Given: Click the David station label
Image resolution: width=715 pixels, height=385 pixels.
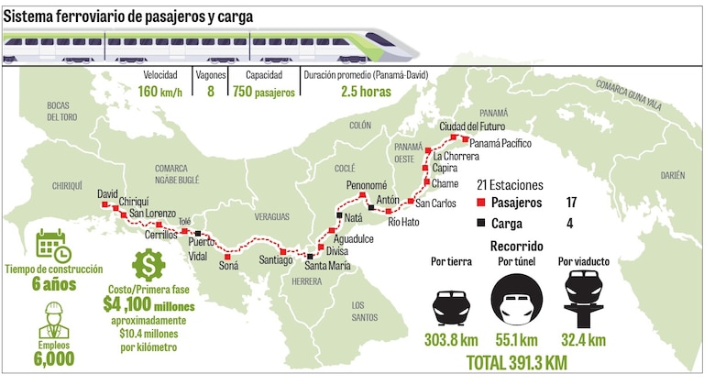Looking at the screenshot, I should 108,194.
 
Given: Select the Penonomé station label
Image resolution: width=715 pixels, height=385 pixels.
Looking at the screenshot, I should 367,186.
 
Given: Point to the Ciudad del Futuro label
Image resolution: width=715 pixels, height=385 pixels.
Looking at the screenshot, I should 470,126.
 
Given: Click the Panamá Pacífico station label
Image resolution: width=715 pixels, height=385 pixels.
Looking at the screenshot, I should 500,144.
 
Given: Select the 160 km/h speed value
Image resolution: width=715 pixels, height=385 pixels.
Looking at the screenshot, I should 161,92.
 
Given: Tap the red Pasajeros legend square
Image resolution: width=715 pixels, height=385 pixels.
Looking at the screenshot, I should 482,202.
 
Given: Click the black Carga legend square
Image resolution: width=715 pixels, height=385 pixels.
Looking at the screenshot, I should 482,223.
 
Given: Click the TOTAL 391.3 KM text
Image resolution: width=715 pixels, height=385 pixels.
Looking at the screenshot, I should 517,363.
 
